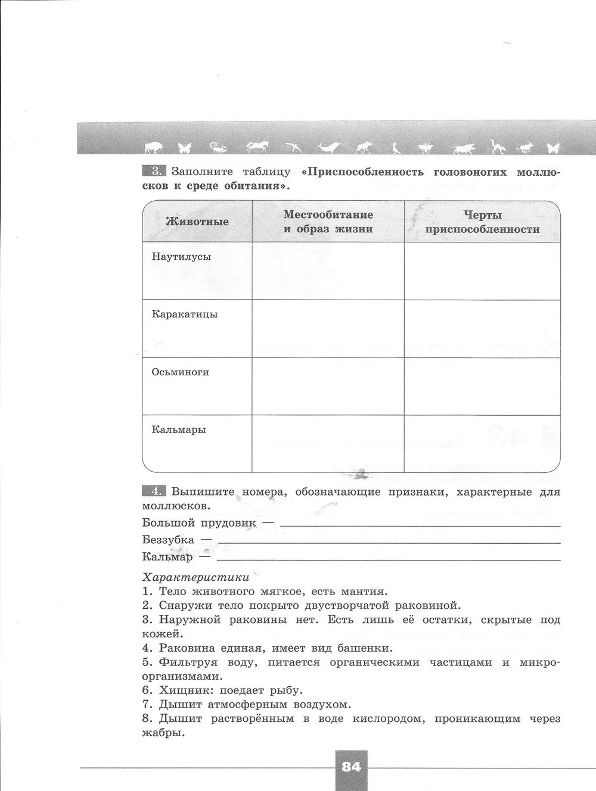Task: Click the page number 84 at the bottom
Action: point(352,767)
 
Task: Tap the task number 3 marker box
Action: point(154,172)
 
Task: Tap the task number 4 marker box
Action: point(154,491)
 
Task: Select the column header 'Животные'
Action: point(197,222)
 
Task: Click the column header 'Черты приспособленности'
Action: point(483,222)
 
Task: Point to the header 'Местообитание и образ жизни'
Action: point(328,222)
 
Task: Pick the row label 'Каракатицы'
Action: point(185,314)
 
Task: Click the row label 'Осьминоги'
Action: point(181,372)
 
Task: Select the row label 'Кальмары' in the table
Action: point(179,429)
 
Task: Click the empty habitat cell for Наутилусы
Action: point(328,270)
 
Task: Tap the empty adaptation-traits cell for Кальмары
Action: point(483,444)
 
